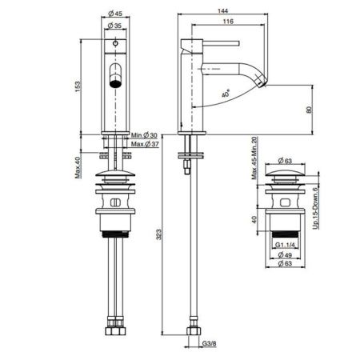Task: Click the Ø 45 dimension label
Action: (116, 14)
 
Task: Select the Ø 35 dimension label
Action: (116, 26)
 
